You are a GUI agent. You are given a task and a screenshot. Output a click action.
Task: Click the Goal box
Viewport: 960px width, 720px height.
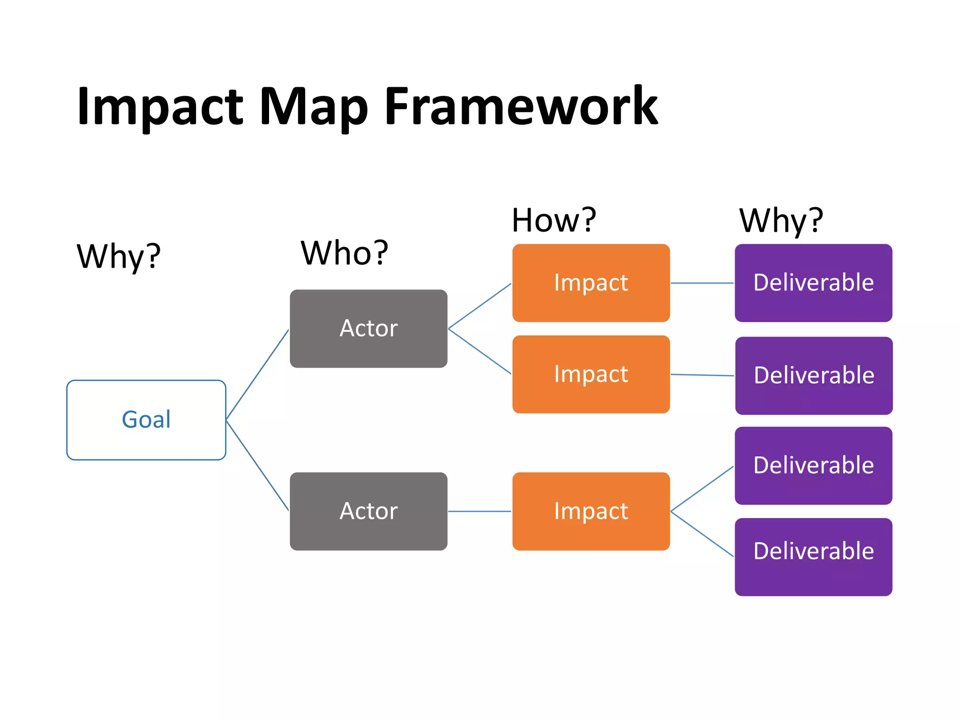(x=146, y=420)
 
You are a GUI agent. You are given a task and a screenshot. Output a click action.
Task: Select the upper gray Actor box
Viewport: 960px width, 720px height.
(x=368, y=328)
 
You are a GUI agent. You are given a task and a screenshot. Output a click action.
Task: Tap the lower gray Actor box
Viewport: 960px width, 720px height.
(x=368, y=511)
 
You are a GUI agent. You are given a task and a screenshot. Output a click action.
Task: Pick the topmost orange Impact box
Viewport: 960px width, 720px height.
(x=591, y=283)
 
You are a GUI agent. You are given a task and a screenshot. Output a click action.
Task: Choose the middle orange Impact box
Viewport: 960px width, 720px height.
(x=591, y=374)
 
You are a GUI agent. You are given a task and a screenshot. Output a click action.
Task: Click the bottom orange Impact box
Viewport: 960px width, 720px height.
(x=591, y=511)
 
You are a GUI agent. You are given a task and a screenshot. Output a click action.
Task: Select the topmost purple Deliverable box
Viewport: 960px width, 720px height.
(x=813, y=283)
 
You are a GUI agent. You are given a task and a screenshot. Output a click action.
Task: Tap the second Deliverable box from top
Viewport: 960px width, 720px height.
(x=814, y=375)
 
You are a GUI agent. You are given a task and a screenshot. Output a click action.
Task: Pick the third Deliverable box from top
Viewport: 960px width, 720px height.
(x=813, y=465)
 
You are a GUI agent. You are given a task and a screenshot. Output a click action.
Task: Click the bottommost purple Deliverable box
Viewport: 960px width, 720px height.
(x=813, y=556)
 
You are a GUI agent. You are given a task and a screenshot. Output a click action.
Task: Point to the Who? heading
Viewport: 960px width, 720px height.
(x=345, y=253)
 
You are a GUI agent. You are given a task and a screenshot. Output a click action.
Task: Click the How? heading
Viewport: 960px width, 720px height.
(x=554, y=220)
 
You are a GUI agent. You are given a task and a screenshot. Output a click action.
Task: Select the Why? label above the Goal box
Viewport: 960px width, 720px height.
(x=119, y=257)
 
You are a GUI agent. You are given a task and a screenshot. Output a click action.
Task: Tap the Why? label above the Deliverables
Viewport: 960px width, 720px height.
(x=781, y=220)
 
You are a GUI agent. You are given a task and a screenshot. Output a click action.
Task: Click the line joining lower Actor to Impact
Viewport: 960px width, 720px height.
(x=480, y=511)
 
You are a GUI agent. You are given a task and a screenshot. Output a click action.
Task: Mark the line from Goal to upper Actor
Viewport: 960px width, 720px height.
(x=257, y=374)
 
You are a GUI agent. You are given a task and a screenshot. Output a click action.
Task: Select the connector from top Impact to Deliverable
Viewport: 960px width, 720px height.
(x=702, y=283)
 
